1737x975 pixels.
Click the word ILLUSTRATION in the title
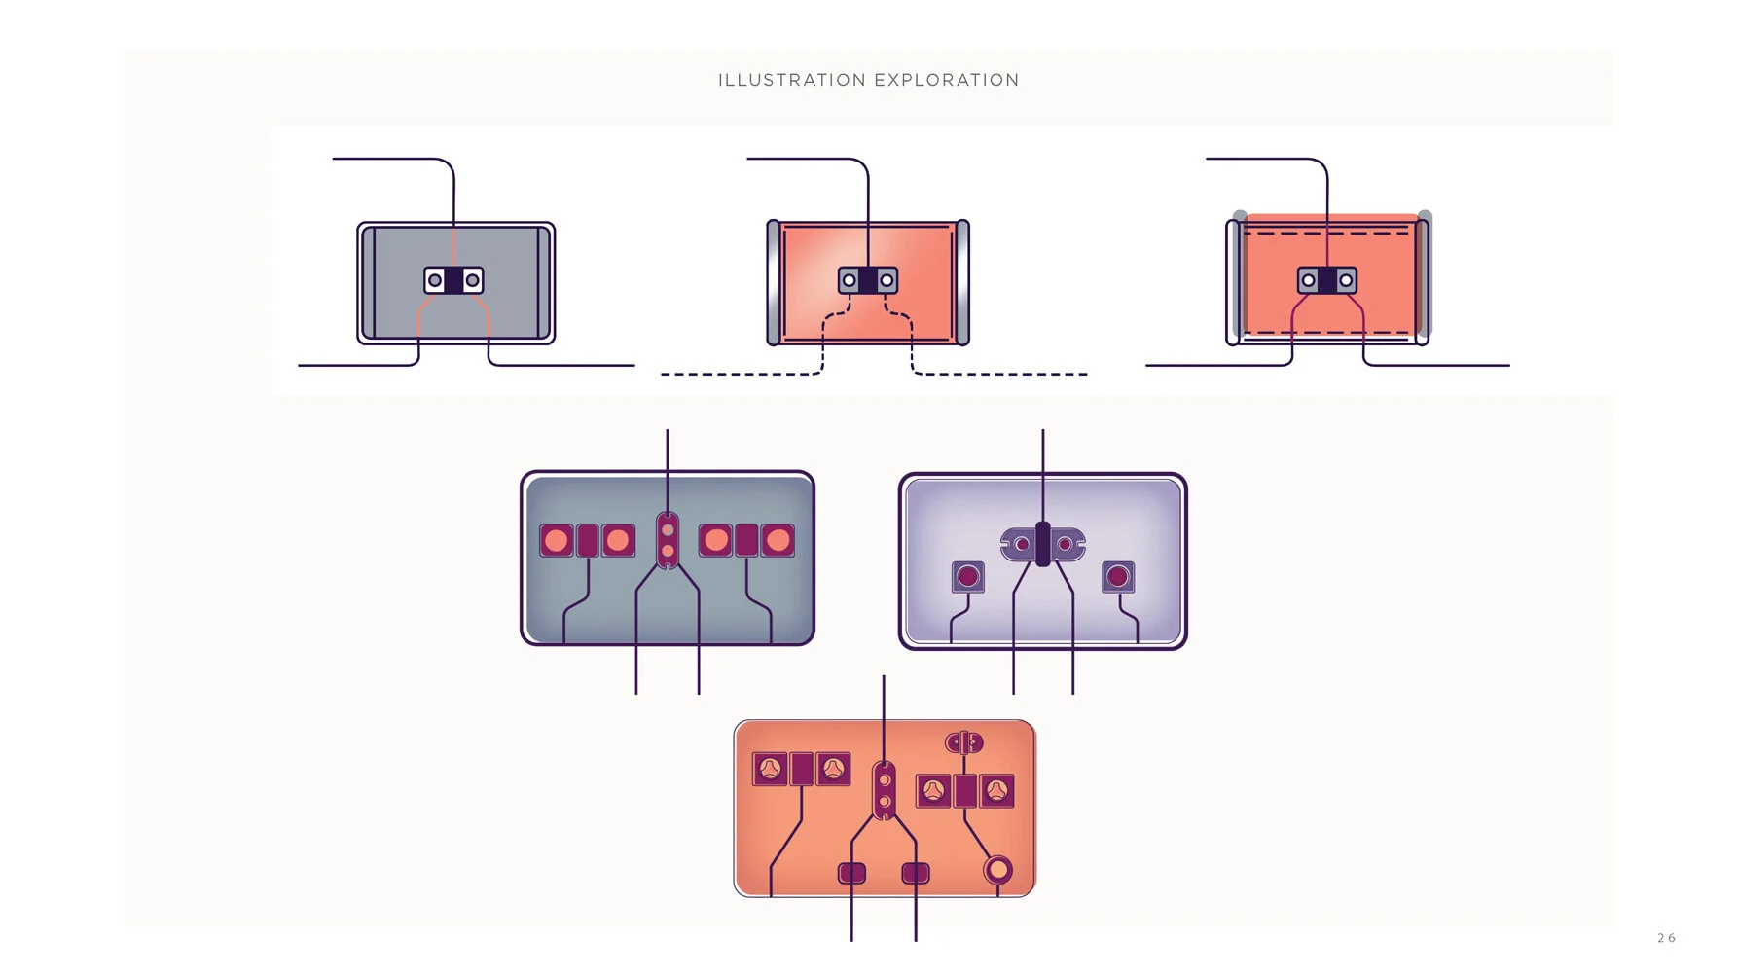coord(792,80)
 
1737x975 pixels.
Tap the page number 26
coord(1666,938)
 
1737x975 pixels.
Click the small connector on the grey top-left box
coord(453,280)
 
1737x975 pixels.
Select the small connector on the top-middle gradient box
coord(868,280)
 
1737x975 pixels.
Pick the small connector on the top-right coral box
coord(1327,280)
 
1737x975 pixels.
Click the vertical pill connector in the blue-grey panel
coord(668,540)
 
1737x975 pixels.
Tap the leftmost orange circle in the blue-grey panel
coord(557,540)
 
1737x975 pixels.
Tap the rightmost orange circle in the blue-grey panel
coord(778,540)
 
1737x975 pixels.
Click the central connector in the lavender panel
coord(1042,544)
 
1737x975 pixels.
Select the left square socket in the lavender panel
coord(968,577)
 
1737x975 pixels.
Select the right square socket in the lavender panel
coord(1118,577)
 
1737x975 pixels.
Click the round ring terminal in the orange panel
coord(997,869)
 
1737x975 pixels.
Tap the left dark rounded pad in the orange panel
coord(852,873)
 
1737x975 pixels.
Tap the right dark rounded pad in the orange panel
coord(916,873)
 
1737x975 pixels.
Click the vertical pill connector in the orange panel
coord(884,791)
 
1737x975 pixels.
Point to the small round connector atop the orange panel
coord(964,743)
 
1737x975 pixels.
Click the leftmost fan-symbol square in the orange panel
coord(770,769)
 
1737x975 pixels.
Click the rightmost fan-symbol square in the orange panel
coord(997,791)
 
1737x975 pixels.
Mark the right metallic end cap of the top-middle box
coord(962,283)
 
